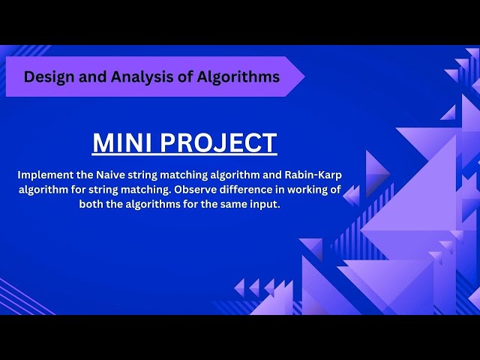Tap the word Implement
pyautogui.click(x=44, y=175)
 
